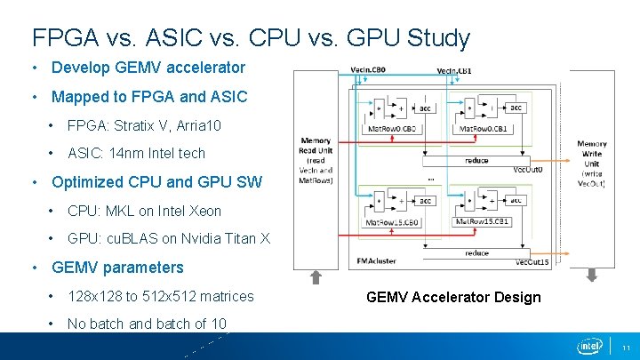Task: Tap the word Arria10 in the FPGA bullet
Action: point(193,125)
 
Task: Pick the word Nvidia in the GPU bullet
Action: point(196,239)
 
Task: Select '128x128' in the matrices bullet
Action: point(93,296)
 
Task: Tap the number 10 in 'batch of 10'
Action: point(218,324)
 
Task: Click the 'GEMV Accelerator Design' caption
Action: point(453,297)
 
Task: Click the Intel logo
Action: point(589,346)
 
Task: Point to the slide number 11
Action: point(626,347)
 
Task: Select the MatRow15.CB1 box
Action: point(480,221)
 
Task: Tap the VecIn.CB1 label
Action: point(455,70)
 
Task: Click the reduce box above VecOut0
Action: point(476,161)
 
